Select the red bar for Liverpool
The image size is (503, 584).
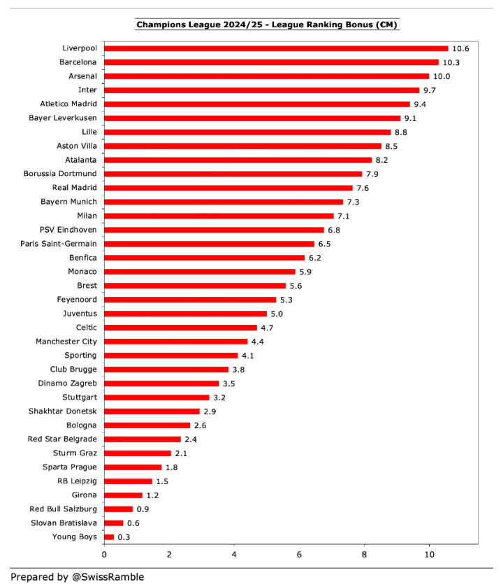(x=276, y=48)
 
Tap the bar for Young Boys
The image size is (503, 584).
(x=109, y=536)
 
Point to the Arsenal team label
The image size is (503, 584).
(x=82, y=76)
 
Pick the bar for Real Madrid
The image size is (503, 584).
(x=228, y=188)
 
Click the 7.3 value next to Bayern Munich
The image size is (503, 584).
(x=353, y=202)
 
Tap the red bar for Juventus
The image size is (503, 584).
(x=186, y=314)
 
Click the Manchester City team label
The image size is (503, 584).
(x=66, y=342)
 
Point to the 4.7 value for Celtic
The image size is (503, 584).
(x=269, y=328)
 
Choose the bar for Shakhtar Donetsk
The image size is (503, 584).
(x=152, y=411)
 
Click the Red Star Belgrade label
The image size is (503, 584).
(x=62, y=439)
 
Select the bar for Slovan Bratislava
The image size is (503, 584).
(x=114, y=523)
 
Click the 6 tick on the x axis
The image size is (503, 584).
(x=299, y=554)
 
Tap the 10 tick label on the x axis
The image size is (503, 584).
(x=429, y=554)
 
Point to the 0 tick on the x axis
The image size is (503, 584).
(x=104, y=554)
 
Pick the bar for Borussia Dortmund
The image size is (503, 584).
(x=233, y=174)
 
